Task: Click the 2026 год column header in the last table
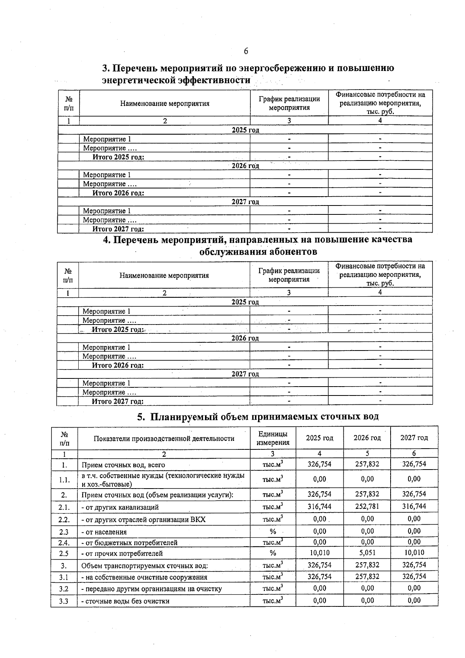pos(367,438)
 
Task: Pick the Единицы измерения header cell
pos(273,438)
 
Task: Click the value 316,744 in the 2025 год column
pos(319,506)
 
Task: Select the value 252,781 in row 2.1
pos(367,506)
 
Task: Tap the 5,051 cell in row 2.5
pos(367,553)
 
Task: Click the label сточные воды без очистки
pos(125,601)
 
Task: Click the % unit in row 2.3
pos(273,532)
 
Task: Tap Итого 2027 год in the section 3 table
pos(118,229)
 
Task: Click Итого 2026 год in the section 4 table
pos(117,365)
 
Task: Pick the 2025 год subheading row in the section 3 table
pos(245,130)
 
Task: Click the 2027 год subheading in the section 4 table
pos(245,374)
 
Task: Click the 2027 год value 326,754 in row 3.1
pos(414,577)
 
